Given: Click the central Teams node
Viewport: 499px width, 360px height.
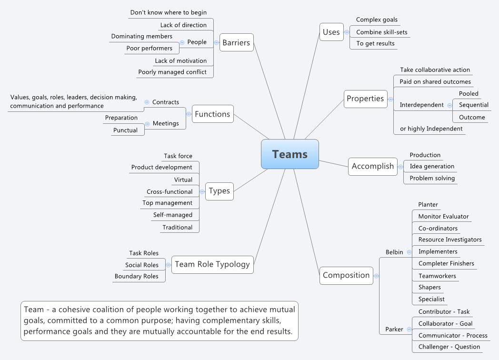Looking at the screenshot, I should click(x=289, y=154).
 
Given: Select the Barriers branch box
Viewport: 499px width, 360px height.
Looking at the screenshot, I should click(x=236, y=42).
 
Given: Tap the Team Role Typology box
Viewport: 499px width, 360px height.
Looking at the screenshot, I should click(x=212, y=264).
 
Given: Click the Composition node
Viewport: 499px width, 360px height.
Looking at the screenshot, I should click(x=346, y=275).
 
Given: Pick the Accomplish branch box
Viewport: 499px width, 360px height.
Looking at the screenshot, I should click(x=372, y=166).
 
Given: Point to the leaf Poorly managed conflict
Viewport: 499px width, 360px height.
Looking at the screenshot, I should click(x=172, y=72).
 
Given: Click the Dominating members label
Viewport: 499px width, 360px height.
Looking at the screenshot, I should click(x=141, y=36).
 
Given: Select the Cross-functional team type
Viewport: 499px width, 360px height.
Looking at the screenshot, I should click(x=170, y=191).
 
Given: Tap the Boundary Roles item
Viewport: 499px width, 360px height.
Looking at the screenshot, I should click(x=136, y=276).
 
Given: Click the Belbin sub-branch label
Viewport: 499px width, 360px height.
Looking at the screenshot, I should click(x=394, y=252).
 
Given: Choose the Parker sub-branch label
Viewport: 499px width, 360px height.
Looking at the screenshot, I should click(x=394, y=329).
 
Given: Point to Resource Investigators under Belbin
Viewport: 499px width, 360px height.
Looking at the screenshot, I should click(x=449, y=240).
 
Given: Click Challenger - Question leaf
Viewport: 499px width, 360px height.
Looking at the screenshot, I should click(x=449, y=347).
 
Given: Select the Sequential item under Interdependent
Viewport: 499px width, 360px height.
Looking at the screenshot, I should click(x=473, y=105).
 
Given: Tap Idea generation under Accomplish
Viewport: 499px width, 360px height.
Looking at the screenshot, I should click(x=432, y=166).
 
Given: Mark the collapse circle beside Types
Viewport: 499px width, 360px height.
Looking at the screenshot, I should click(x=202, y=191).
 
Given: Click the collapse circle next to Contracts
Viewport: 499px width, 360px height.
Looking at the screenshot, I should click(x=147, y=102).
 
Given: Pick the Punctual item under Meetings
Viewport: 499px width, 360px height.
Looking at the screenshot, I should click(x=125, y=130).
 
